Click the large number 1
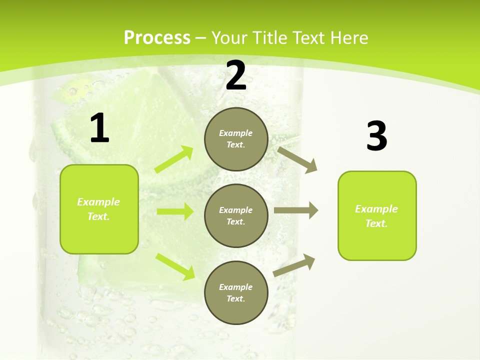99,128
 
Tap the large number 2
236,75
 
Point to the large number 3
376,136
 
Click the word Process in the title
157,37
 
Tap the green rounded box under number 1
99,209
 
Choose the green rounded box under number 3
377,215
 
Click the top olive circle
236,139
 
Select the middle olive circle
236,215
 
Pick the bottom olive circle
236,292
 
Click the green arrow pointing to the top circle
174,159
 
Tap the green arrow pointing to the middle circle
175,211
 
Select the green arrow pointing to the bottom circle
175,266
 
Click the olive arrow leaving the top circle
297,159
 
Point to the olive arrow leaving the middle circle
295,210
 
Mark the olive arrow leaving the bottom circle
294,265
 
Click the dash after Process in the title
201,38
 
